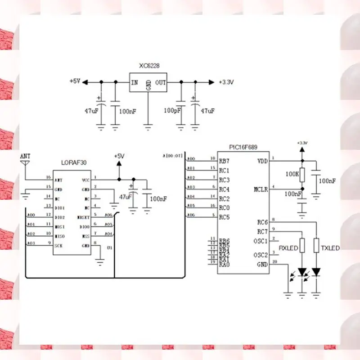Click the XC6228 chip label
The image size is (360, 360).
coord(149,66)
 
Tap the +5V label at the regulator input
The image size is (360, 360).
coord(75,81)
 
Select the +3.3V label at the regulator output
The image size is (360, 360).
coord(226,82)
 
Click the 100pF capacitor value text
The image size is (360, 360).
coord(172,110)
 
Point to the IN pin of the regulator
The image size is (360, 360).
coord(134,83)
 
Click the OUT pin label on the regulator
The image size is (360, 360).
coord(161,83)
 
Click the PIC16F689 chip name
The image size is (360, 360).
coord(243,147)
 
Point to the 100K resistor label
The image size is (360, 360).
coord(292,173)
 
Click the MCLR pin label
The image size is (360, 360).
coord(261,189)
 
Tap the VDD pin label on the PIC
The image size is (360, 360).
coord(262,161)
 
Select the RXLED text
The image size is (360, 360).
coord(288,248)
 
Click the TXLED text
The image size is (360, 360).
coord(330,248)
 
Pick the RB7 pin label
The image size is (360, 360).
coord(224,161)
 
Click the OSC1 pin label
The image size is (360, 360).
coord(261,241)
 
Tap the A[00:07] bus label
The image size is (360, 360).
coord(173,156)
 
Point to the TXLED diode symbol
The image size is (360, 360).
coord(316,272)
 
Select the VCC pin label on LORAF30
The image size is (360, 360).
coord(86,180)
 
